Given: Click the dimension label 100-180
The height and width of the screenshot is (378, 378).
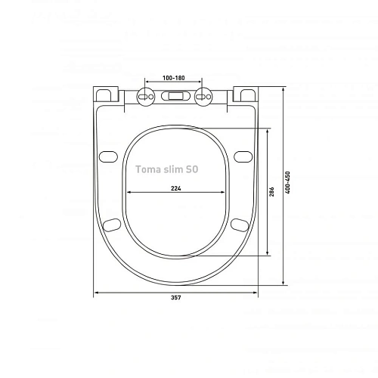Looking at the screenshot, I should [x=175, y=77].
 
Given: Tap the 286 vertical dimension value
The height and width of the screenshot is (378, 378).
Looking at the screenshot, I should [x=272, y=192].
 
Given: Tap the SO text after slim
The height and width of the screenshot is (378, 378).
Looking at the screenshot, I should [x=194, y=171].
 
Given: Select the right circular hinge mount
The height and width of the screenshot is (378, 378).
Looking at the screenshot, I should [x=203, y=96].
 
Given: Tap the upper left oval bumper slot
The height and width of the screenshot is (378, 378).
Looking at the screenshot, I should [x=109, y=156].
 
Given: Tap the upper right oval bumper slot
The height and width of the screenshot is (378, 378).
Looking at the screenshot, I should [x=242, y=156].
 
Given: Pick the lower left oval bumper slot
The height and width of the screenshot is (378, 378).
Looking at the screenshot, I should [x=111, y=225].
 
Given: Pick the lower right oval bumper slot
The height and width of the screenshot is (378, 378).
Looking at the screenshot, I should [x=240, y=225].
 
